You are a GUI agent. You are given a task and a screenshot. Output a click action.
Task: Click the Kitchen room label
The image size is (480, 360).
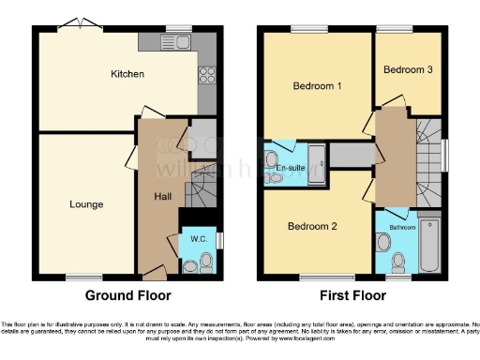[x=127, y=74]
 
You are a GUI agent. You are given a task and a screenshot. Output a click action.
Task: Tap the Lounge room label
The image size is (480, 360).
[x=86, y=204]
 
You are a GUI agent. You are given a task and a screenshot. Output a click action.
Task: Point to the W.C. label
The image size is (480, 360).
[x=198, y=238]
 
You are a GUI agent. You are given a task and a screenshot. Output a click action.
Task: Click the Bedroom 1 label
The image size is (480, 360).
[x=316, y=86]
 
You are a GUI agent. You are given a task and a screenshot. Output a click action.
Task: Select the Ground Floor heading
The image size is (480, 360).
[x=128, y=294]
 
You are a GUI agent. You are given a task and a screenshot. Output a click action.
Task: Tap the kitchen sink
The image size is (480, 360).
[x=177, y=41]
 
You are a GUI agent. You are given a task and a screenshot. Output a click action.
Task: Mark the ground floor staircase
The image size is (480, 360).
[x=200, y=194]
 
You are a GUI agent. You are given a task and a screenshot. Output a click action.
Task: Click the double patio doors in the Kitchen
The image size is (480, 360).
[x=78, y=25]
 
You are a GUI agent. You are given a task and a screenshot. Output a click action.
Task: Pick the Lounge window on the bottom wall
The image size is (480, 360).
[x=84, y=277]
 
